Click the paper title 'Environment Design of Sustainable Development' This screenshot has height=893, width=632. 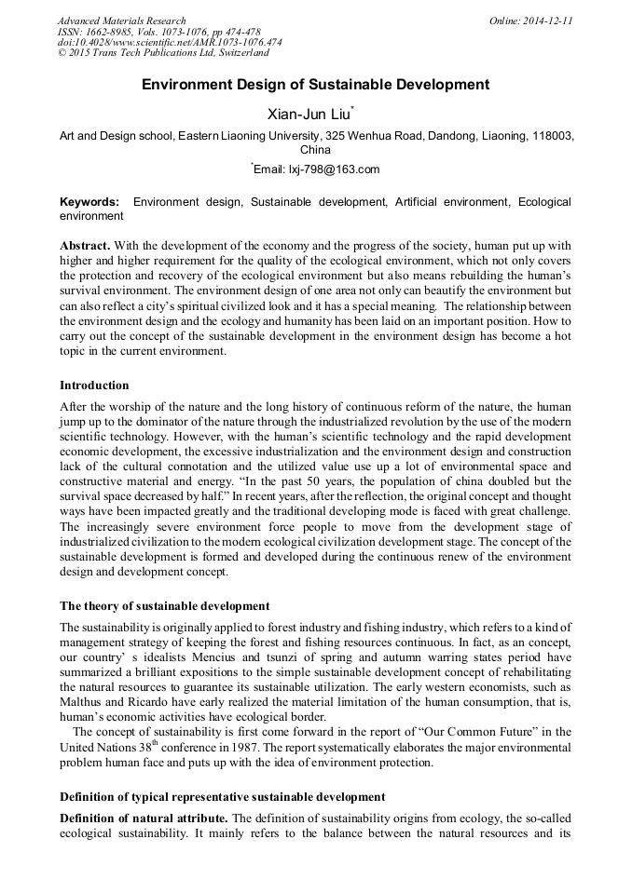[315, 84]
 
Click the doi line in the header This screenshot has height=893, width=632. [170, 43]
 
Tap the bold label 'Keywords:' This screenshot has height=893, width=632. [89, 202]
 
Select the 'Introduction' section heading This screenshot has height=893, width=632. [94, 385]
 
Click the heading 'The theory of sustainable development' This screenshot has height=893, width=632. [164, 606]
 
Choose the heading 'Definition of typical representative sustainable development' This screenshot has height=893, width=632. [222, 797]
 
